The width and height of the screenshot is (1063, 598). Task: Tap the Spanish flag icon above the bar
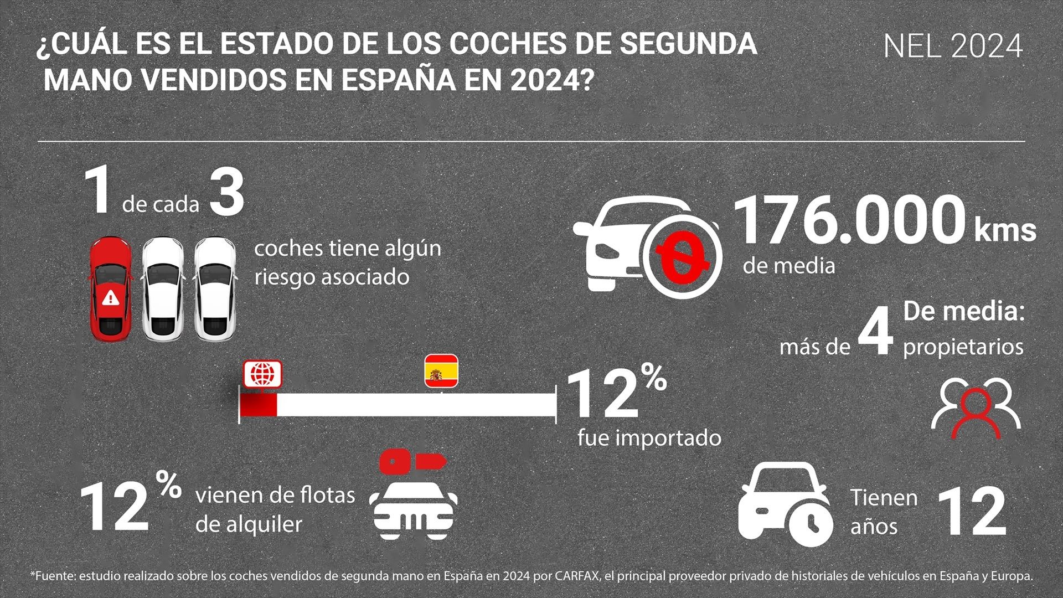441,370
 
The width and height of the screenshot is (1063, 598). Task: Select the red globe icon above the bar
263,374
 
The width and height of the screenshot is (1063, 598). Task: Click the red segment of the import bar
258,405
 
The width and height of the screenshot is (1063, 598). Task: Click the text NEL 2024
952,47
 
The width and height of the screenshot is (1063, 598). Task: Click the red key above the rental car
413,461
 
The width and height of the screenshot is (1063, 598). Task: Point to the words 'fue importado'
649,438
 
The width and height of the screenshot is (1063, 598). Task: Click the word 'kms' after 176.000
1005,230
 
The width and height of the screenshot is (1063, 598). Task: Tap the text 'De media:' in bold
963,312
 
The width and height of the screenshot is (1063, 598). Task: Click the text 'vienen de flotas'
275,494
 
